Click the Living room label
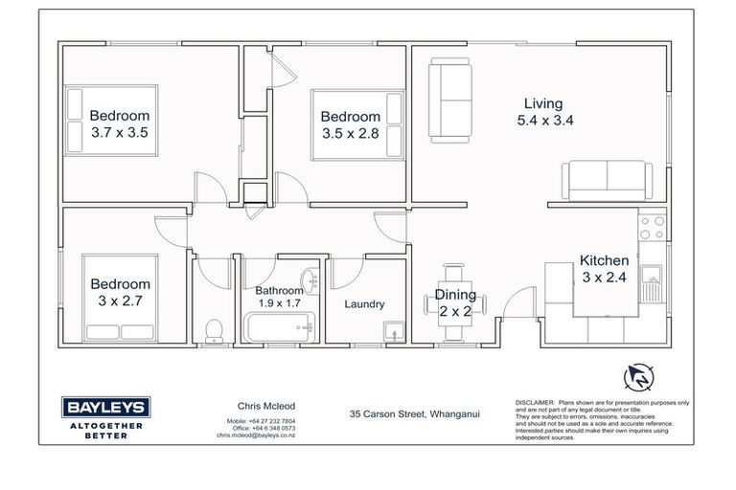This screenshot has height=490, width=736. click(542, 103)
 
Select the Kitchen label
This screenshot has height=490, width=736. click(604, 260)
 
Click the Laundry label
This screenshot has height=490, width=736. click(364, 304)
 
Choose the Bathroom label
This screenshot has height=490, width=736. click(279, 290)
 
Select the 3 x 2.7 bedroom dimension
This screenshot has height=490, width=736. click(121, 301)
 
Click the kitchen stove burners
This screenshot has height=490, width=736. click(652, 227)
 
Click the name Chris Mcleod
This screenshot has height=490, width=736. click(244, 406)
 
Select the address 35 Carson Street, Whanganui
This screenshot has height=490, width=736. click(414, 414)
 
